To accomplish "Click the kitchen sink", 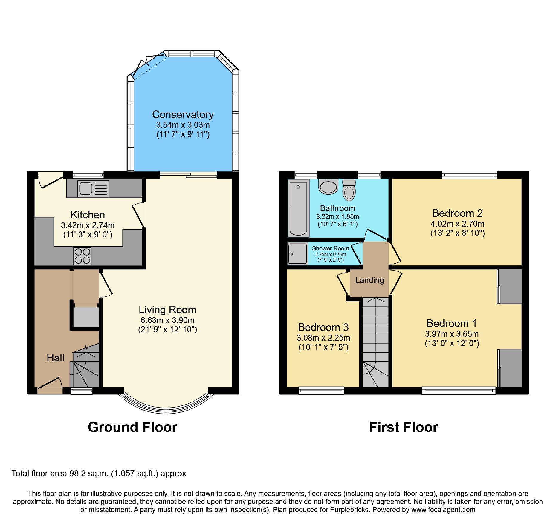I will point(93,189).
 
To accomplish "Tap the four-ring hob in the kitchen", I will point(83,256).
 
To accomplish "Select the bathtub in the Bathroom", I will point(298,208).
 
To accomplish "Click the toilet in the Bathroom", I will point(349,190).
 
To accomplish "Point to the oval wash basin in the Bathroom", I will point(329,187).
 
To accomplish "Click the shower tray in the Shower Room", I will point(297,254).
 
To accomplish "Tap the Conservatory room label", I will point(183,114).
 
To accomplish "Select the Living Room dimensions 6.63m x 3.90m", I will point(167,320).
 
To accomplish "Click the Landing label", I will point(369,280).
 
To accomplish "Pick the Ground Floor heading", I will point(132,427).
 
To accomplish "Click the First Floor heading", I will point(403,427).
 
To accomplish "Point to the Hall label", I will point(55,358).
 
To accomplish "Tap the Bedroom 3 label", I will point(323,327).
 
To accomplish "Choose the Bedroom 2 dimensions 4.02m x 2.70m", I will point(457,224).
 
